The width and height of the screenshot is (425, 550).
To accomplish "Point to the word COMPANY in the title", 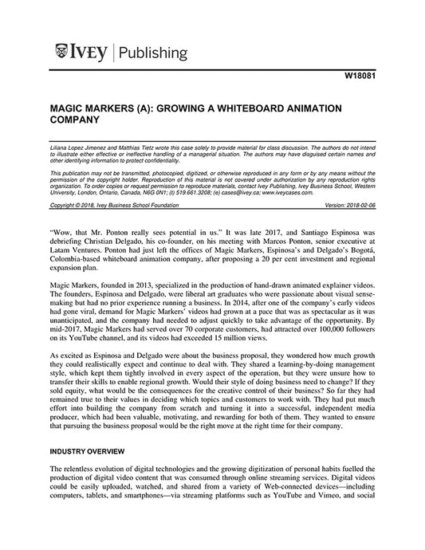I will point(74,120).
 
